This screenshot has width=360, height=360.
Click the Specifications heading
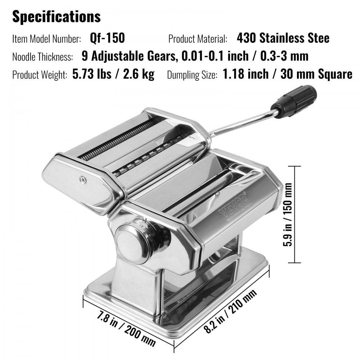pos(57,17)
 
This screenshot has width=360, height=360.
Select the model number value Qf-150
pos(107,38)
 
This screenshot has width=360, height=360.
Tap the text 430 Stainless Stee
pos(283,38)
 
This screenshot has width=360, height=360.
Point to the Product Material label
pos(198,39)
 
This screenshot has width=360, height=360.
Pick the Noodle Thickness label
pos(43,57)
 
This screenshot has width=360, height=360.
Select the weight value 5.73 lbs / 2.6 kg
pos(113,75)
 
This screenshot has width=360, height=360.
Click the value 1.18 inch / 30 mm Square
pos(287,75)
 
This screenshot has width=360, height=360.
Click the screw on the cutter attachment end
pos(83,178)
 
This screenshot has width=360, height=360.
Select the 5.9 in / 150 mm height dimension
pos(287,215)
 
